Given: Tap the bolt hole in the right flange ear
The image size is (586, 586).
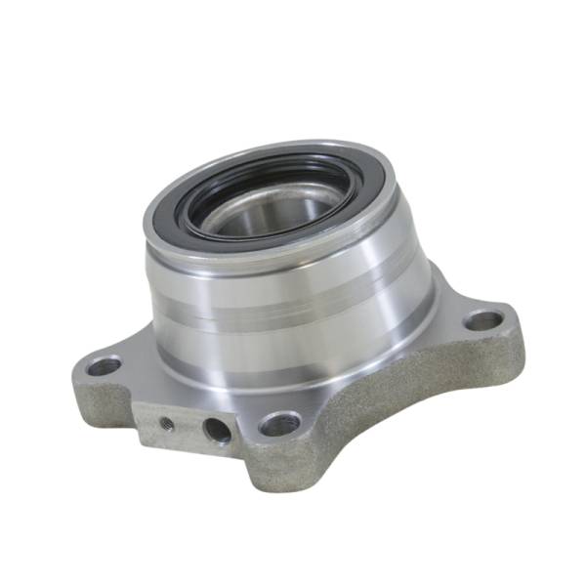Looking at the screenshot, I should (482, 319).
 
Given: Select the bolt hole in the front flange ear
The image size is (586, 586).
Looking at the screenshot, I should (280, 424).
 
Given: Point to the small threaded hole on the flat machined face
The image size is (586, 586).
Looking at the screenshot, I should (168, 424).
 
